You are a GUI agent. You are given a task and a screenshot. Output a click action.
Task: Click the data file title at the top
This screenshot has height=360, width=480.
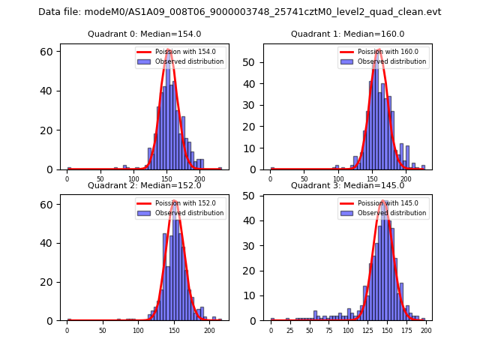click(240, 12)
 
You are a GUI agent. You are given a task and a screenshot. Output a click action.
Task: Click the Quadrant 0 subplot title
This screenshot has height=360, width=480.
click(144, 34)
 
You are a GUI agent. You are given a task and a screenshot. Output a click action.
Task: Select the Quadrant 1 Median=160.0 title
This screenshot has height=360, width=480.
click(347, 34)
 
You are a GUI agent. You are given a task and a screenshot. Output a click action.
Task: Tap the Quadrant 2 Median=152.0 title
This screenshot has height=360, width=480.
click(144, 186)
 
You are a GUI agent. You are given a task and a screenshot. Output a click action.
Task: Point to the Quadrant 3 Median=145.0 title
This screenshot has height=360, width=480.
click(347, 186)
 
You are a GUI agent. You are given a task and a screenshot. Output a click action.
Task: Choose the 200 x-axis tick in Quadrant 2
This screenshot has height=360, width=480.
click(209, 330)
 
